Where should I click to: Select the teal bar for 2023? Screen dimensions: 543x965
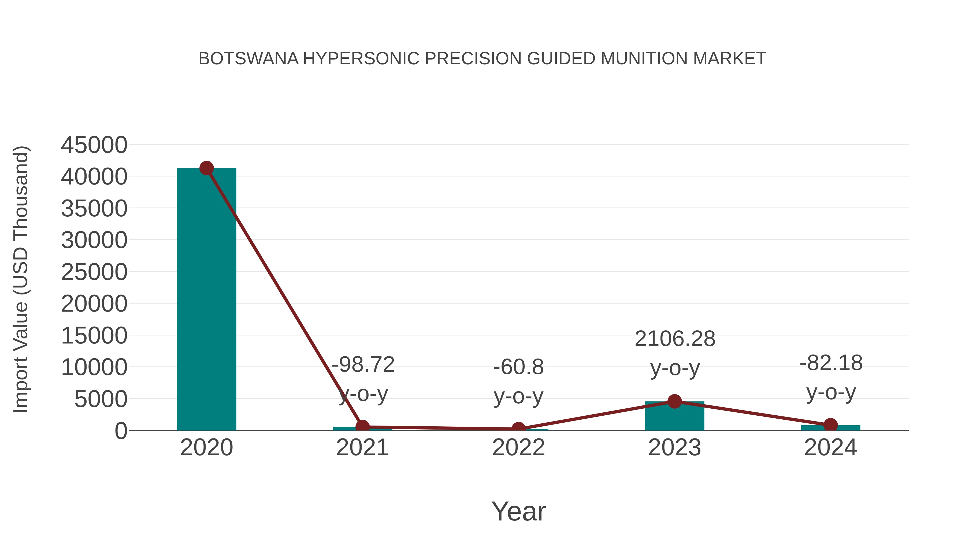point(674,416)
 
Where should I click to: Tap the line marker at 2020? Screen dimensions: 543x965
point(206,168)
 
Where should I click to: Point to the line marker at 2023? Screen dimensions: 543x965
point(674,401)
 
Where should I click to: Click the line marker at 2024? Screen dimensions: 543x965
point(830,425)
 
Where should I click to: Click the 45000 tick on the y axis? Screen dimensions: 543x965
point(94,145)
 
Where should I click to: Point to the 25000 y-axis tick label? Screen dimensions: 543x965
point(94,272)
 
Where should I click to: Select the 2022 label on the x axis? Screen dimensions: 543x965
point(518,448)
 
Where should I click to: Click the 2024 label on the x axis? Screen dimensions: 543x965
point(830,448)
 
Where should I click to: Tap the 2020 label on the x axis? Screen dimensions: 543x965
point(206,448)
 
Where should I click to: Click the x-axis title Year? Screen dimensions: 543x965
point(518,511)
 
